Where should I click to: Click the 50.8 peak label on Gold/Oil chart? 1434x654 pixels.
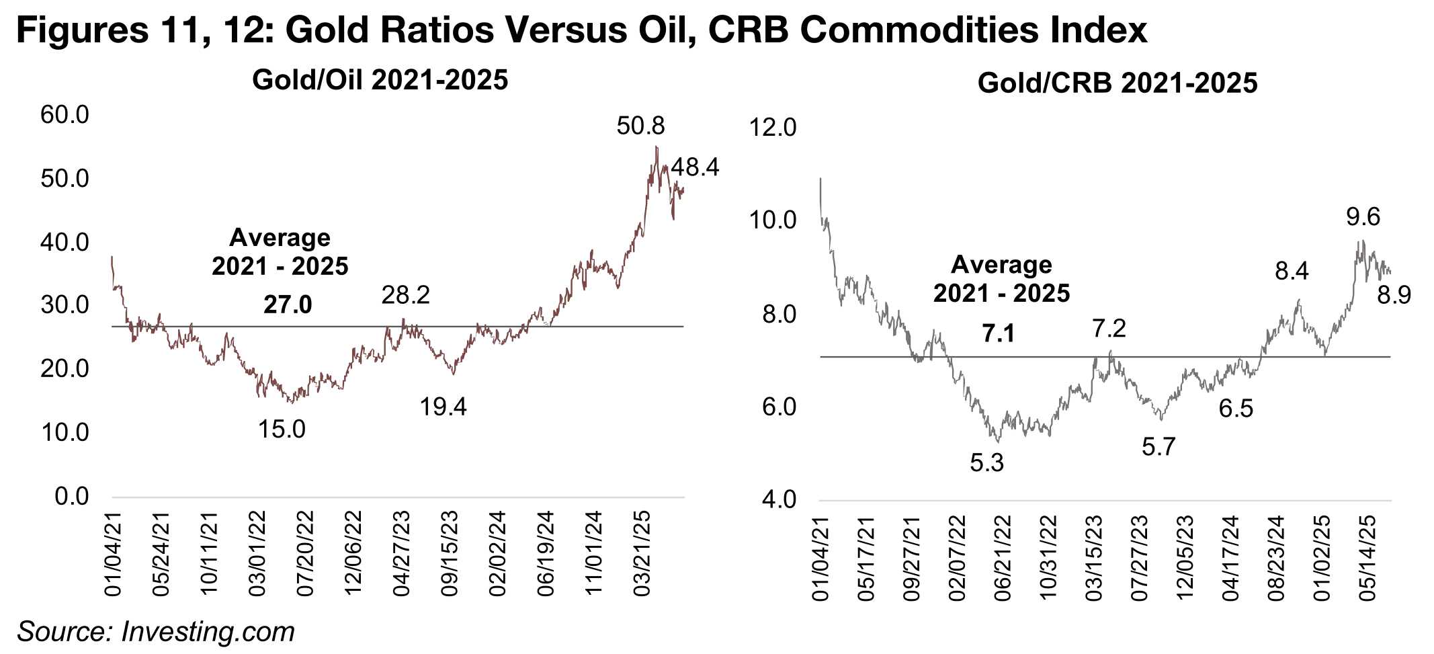pyautogui.click(x=640, y=126)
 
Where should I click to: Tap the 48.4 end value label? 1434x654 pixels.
pyautogui.click(x=695, y=167)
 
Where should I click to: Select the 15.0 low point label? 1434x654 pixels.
pyautogui.click(x=282, y=429)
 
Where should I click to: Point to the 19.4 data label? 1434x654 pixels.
pyautogui.click(x=444, y=407)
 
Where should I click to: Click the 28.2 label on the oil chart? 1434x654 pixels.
pyautogui.click(x=406, y=295)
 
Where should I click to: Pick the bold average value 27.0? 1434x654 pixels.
pyautogui.click(x=288, y=304)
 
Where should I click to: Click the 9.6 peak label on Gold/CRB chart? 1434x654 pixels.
pyautogui.click(x=1363, y=217)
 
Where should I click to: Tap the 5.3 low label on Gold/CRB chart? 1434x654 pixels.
pyautogui.click(x=987, y=462)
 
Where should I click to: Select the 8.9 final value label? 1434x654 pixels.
pyautogui.click(x=1394, y=295)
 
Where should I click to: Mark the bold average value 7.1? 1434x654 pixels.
pyautogui.click(x=999, y=333)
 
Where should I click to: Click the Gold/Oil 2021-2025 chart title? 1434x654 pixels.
pyautogui.click(x=380, y=81)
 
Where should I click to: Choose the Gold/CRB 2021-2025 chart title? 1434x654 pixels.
pyautogui.click(x=1117, y=83)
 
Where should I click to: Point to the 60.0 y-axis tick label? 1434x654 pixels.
pyautogui.click(x=65, y=115)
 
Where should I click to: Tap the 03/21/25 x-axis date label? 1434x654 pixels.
pyautogui.click(x=643, y=554)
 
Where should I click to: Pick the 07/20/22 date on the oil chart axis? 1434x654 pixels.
pyautogui.click(x=306, y=554)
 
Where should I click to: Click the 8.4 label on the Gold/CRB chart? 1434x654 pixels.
pyautogui.click(x=1292, y=272)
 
